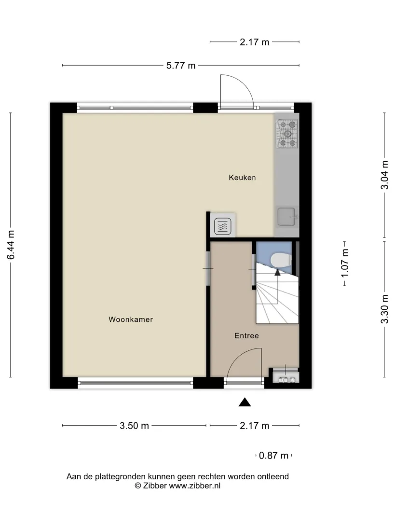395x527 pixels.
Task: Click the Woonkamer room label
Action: pos(131,319)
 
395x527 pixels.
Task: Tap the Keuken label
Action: pos(242,178)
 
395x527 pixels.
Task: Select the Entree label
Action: pos(246,335)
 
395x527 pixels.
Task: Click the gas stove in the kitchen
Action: pos(287,134)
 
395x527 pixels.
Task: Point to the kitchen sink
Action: pos(286,216)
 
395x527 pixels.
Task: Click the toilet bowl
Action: pos(281,261)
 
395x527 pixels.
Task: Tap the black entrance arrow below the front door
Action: pos(245,402)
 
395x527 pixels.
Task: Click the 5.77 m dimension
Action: pos(181,65)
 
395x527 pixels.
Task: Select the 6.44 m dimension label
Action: pos(11,245)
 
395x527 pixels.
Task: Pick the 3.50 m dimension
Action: pos(135,426)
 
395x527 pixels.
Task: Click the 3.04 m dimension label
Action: pos(384,175)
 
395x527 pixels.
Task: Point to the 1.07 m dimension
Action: pos(345,263)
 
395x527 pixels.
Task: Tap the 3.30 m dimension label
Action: pos(384,309)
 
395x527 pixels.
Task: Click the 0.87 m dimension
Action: pos(273,456)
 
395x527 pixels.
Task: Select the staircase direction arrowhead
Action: pos(277,272)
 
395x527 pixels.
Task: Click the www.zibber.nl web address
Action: pos(195,485)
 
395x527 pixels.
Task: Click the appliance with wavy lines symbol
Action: pos(222,226)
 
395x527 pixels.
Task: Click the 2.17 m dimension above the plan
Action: pos(254,42)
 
